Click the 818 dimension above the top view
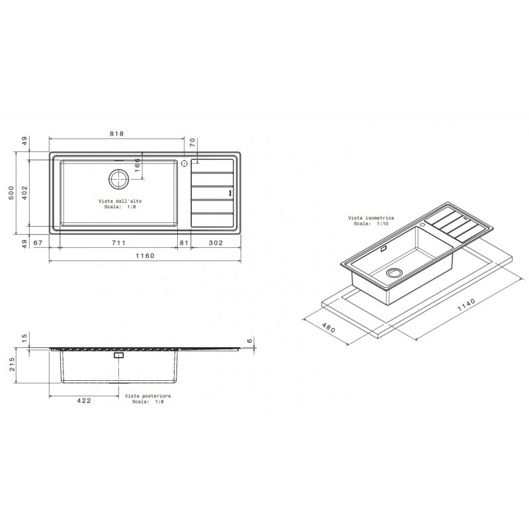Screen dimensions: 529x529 116,133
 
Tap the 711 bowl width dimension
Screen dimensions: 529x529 118,243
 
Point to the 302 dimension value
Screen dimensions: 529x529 215,243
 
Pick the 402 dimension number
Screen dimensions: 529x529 23,193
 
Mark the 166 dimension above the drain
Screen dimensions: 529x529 137,165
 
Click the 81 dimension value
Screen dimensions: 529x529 184,243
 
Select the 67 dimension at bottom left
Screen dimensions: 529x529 37,243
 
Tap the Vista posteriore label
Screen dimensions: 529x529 145,395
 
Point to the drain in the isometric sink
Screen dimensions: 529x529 394,272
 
